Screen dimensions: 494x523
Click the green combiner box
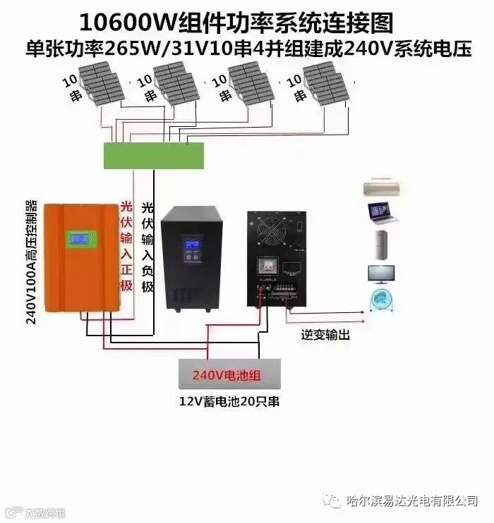coord(154,155)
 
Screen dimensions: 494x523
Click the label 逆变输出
coord(325,336)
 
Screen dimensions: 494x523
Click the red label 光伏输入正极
coord(126,247)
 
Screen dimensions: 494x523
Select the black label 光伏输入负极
coord(147,247)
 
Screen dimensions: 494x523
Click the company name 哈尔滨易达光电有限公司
coord(413,500)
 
